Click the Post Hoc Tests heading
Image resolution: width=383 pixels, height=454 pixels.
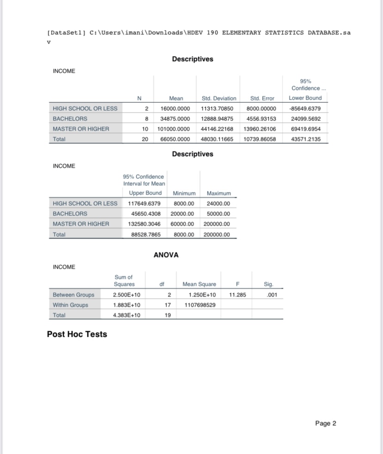pyautogui.click(x=77, y=334)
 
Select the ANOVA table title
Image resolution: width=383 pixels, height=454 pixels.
pyautogui.click(x=166, y=255)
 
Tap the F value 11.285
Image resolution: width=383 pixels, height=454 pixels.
pyautogui.click(x=237, y=295)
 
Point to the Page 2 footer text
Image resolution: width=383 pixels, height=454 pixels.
pyautogui.click(x=326, y=423)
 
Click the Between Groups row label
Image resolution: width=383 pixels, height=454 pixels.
pyautogui.click(x=74, y=295)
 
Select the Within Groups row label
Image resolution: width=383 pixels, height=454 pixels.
pyautogui.click(x=70, y=305)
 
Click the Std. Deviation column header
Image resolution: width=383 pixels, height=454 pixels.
pyautogui.click(x=219, y=98)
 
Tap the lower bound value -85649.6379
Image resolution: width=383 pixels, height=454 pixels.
pyautogui.click(x=305, y=108)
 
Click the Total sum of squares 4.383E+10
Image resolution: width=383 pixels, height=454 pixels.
pyautogui.click(x=126, y=315)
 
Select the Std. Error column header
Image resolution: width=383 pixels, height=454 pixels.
pyautogui.click(x=262, y=98)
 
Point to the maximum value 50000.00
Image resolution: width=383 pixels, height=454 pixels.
pyautogui.click(x=218, y=214)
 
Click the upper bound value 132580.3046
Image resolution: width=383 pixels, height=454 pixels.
pyautogui.click(x=144, y=224)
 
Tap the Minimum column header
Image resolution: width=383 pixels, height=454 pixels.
pyautogui.click(x=184, y=193)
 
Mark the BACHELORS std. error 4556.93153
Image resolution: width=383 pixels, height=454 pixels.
pyautogui.click(x=259, y=119)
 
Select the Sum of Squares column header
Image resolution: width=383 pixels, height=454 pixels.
pyautogui.click(x=124, y=280)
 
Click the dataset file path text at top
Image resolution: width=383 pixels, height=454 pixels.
pyautogui.click(x=199, y=33)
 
